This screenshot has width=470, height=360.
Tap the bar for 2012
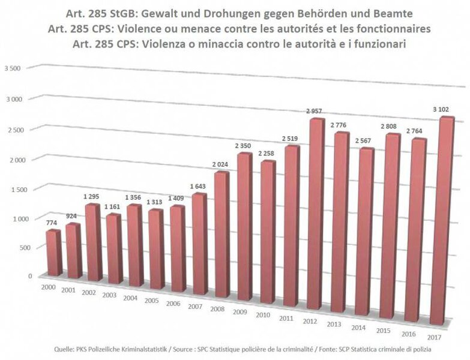[316, 216]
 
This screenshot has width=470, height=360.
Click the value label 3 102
[444, 108]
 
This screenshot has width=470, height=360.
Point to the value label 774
[52, 223]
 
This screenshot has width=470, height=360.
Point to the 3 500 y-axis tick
[13, 69]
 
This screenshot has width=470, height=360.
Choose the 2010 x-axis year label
[262, 315]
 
